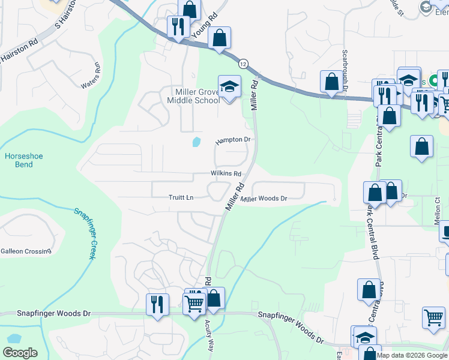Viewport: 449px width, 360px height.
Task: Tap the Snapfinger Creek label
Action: pyautogui.click(x=85, y=233)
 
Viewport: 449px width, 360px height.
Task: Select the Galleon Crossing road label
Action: pyautogui.click(x=26, y=251)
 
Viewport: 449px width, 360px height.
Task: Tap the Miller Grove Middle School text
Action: pyautogui.click(x=197, y=96)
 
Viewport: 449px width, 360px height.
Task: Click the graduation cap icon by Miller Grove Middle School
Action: pyautogui.click(x=229, y=86)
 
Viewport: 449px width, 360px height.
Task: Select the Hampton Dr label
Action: pyautogui.click(x=233, y=140)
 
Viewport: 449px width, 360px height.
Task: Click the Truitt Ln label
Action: pyautogui.click(x=181, y=197)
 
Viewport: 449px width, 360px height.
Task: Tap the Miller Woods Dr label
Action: pyautogui.click(x=265, y=198)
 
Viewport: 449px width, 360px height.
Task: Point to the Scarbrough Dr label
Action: pyautogui.click(x=346, y=70)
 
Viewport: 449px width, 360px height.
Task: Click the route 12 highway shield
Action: pyautogui.click(x=243, y=63)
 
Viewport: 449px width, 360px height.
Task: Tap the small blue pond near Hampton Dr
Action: pyautogui.click(x=196, y=142)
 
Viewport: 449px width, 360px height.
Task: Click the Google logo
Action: pyautogui.click(x=20, y=353)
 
